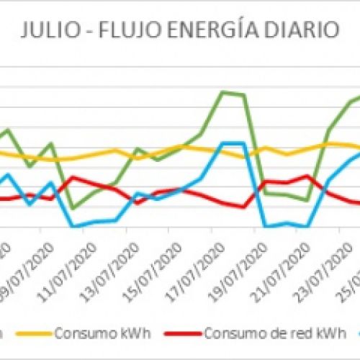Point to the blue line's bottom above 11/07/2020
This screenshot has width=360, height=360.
[73, 226]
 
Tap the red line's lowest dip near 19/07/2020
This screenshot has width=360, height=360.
[243, 207]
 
